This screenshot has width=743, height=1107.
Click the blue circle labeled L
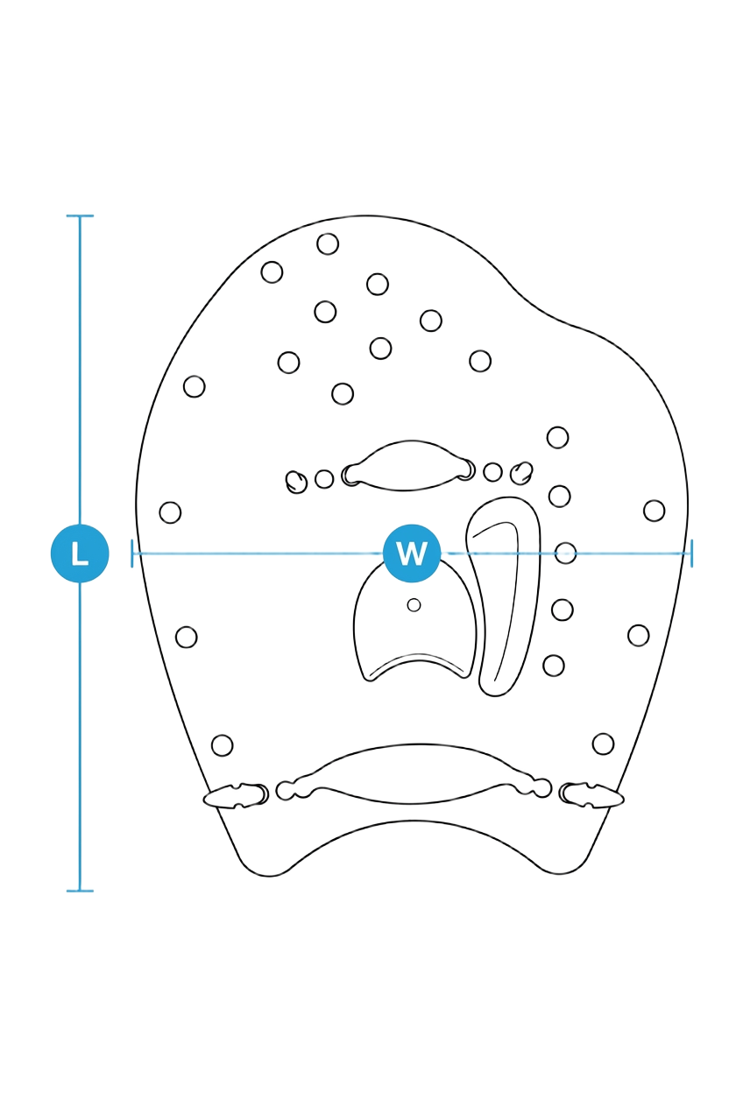coord(80,553)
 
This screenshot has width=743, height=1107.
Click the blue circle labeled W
coord(411,553)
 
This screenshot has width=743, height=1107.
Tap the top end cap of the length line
coord(80,216)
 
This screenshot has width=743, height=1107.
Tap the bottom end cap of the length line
coord(80,891)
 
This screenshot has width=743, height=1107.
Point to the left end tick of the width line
coord(132,553)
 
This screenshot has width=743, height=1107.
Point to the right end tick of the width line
coord(691,553)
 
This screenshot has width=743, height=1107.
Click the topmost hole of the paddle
coord(328,244)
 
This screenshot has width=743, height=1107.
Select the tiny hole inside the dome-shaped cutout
coord(414,605)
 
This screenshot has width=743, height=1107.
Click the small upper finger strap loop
coord(408,466)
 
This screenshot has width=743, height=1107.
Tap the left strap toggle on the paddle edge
coord(236,794)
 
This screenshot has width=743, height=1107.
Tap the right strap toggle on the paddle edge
coord(591,794)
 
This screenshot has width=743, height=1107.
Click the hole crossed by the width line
coord(565,553)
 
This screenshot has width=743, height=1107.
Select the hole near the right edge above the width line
coord(654,511)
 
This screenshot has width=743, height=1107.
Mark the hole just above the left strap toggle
coord(222,744)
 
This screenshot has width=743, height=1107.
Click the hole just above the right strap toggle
coord(603,744)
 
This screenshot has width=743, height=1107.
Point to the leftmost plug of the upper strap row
coord(296,482)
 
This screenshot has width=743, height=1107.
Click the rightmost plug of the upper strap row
coord(521,474)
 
